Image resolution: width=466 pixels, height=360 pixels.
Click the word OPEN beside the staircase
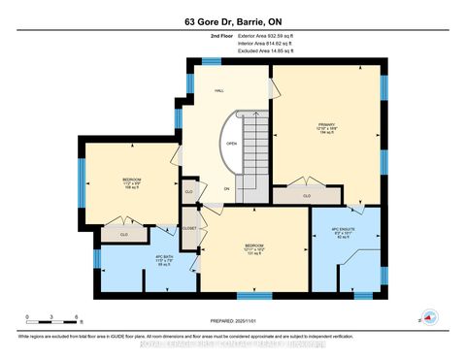231,143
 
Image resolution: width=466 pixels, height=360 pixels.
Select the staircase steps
255,146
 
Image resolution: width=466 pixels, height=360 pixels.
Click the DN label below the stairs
226,187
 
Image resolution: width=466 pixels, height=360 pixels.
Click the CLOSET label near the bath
189,229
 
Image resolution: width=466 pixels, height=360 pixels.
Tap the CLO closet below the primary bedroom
306,195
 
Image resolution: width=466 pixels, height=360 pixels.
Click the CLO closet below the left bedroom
123,234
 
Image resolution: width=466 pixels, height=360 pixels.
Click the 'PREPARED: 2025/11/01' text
233,321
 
